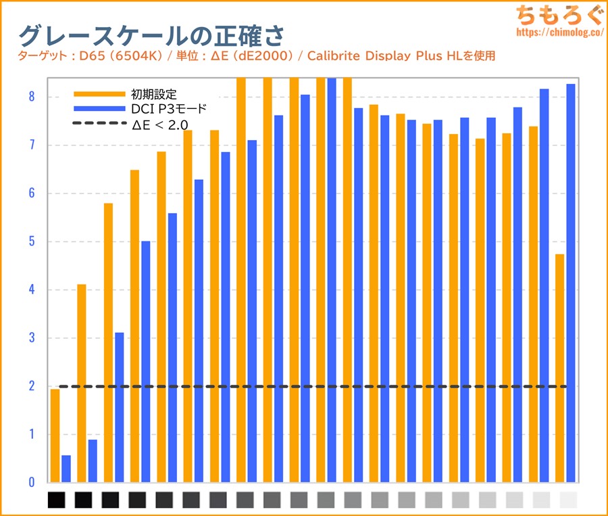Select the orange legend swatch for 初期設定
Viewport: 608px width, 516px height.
pos(99,93)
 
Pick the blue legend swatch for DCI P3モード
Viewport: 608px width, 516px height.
pos(99,108)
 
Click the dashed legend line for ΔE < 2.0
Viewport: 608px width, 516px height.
pos(99,124)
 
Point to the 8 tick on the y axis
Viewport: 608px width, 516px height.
pos(30,97)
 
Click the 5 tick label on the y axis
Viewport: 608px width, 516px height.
pos(30,241)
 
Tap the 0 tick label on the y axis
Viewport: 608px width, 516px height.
pos(30,482)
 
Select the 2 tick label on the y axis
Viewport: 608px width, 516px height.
pos(30,386)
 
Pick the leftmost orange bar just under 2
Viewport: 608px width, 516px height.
pos(55,436)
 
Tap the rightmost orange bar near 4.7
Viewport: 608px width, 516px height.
pos(559,369)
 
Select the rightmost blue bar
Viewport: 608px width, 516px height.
pos(571,284)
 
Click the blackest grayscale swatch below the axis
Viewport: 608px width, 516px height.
pos(57,500)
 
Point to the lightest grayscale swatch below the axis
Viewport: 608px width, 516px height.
pos(569,500)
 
